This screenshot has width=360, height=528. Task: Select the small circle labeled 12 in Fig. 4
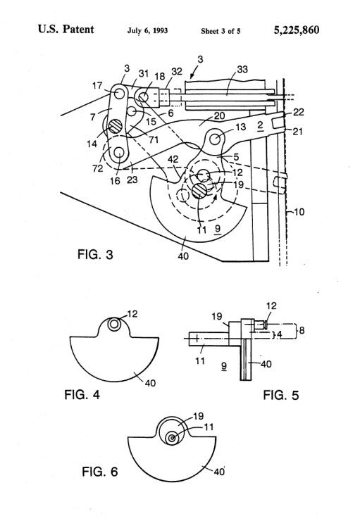113,324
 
